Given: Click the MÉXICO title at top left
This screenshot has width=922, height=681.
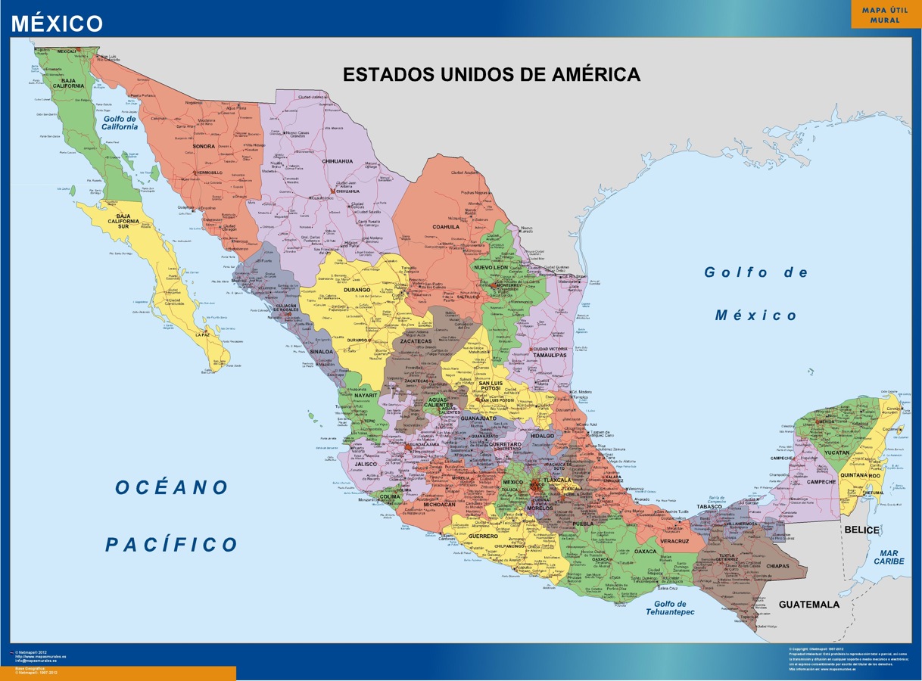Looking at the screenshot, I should tap(57, 23).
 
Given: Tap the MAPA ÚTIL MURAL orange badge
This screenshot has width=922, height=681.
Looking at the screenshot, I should tap(885, 15).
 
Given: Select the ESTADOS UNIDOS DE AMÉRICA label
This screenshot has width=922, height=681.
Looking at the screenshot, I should tap(491, 75).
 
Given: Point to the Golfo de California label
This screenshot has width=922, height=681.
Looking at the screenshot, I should tap(120, 123).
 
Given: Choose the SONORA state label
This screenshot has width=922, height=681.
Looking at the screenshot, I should tap(204, 146).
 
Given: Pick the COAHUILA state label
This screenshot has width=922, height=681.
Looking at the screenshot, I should tap(446, 226).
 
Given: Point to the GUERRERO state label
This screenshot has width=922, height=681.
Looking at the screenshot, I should tap(482, 536).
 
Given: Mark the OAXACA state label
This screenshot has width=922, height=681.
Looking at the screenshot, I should tap(645, 552).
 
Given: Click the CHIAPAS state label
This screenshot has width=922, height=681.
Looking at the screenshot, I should tap(772, 566).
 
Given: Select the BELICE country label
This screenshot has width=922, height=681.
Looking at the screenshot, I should tap(861, 530).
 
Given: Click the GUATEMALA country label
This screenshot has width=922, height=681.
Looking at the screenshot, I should tap(808, 605).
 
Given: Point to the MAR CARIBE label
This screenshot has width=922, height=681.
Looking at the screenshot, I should tap(889, 557).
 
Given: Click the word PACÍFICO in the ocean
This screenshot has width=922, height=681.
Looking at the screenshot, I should tap(171, 544).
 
